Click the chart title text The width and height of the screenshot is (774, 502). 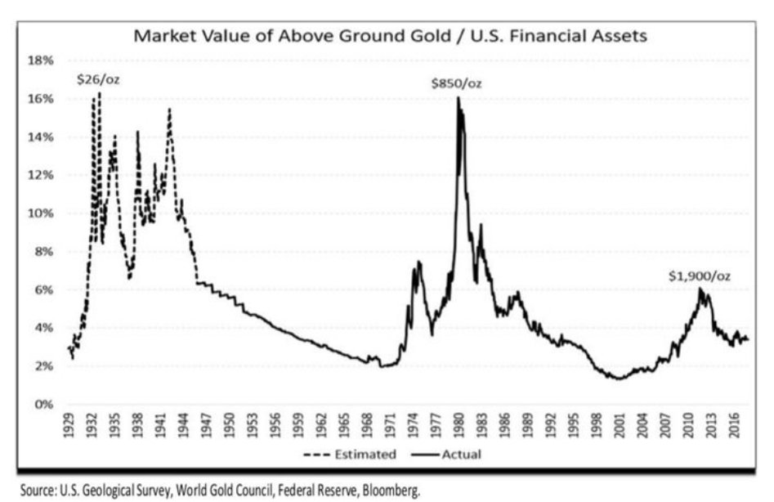coord(391,37)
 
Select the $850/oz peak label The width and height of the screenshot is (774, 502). coord(458,83)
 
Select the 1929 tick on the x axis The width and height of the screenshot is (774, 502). coord(70,424)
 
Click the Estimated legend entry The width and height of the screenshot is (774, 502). coord(358,455)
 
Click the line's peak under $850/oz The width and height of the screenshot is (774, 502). coord(459,98)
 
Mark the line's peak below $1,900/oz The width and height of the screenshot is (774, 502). coord(700,289)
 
